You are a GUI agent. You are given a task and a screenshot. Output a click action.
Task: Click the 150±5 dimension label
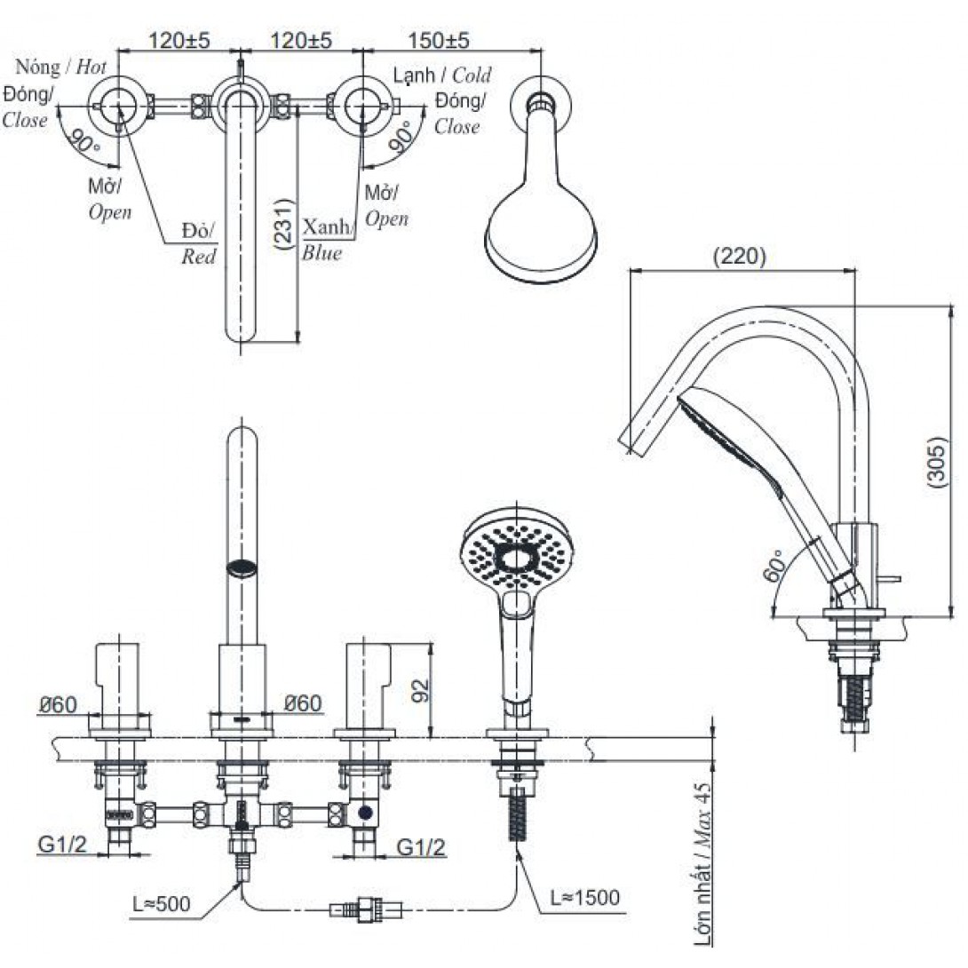click(x=438, y=41)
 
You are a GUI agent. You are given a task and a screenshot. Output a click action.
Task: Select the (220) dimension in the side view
click(x=740, y=257)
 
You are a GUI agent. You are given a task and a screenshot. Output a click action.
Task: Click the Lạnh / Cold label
click(x=442, y=75)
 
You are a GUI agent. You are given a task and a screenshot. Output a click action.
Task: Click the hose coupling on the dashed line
click(x=364, y=909)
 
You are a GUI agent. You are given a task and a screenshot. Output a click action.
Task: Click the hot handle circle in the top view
click(x=119, y=107)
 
